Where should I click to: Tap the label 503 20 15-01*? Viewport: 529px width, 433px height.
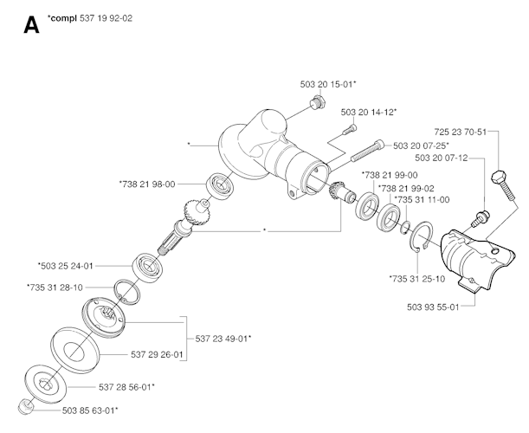329,83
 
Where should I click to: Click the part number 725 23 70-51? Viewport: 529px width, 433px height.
461,132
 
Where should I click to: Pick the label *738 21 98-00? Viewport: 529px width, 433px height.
147,184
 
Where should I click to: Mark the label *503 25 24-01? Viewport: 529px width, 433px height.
66,266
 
